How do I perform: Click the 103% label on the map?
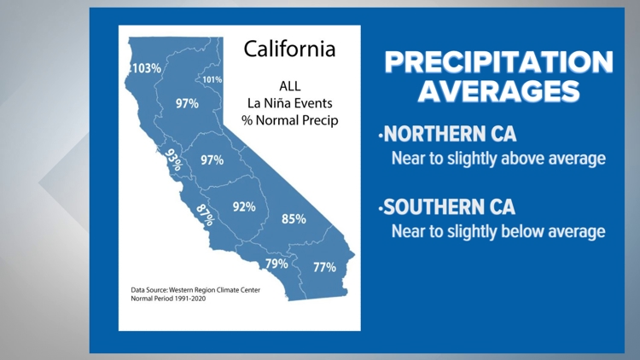click(146, 67)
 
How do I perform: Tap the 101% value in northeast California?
click(212, 80)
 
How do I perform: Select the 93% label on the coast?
click(174, 160)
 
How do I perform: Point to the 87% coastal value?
click(204, 214)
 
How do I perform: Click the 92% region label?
click(244, 206)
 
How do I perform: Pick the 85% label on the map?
click(294, 218)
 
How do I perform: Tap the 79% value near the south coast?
click(276, 264)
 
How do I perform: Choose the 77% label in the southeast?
click(324, 267)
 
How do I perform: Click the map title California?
click(289, 49)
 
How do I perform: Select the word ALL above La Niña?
click(289, 86)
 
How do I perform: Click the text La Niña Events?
click(289, 103)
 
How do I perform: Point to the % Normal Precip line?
click(289, 120)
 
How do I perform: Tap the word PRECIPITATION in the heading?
click(497, 62)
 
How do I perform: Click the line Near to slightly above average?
click(498, 159)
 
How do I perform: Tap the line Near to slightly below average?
click(498, 231)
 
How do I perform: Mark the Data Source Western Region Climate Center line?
click(195, 290)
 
